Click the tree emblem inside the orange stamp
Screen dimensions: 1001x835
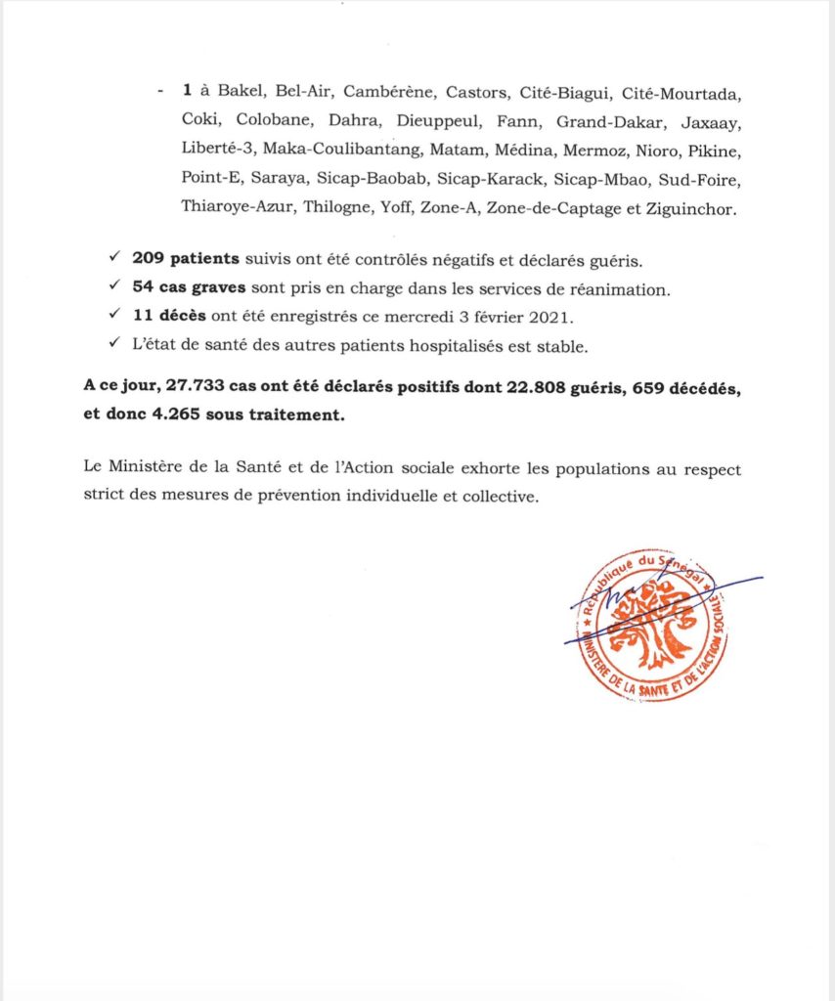(x=650, y=626)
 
